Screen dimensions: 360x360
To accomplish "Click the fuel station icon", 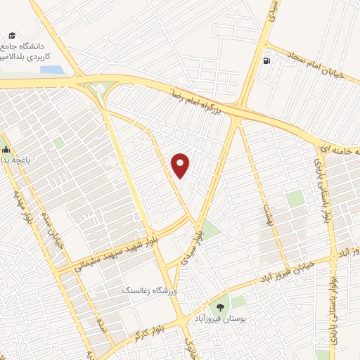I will (x=266, y=60).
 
